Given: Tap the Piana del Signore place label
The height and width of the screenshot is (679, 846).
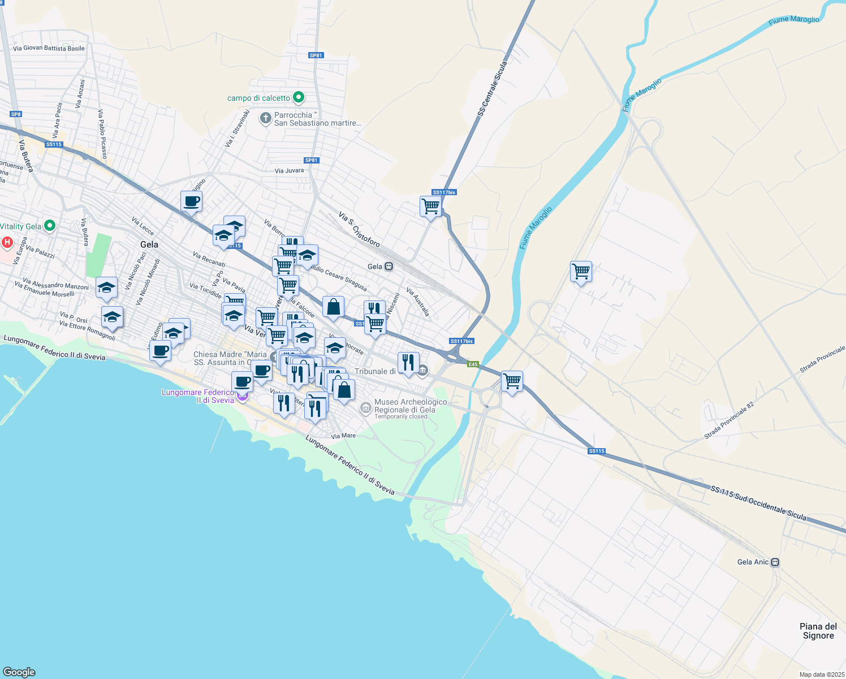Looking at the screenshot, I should coord(818,631).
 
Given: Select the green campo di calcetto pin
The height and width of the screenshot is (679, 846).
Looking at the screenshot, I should coord(299,97).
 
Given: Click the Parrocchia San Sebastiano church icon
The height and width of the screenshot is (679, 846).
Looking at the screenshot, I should coord(265,118).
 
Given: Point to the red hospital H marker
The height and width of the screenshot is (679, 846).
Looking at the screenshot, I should coord(7,243).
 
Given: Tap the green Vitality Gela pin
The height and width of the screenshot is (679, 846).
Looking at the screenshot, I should coord(50,226).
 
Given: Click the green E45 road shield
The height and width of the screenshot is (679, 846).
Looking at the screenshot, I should coord(473,364).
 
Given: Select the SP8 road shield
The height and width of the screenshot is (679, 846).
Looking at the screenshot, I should coord(16,114).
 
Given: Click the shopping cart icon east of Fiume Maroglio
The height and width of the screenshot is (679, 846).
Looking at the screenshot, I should coord(581,272).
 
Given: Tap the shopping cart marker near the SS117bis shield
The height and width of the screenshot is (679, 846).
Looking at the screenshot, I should coord(430,207).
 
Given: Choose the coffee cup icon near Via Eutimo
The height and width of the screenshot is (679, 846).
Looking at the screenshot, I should coord(160,351).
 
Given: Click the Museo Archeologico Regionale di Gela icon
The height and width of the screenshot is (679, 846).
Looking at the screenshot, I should coord(366,407).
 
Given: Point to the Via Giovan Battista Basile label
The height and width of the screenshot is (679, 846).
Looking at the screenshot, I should coord(49,48).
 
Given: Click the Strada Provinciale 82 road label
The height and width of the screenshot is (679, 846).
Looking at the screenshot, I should coord(729,420).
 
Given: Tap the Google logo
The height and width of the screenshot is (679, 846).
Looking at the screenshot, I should coord(19,672).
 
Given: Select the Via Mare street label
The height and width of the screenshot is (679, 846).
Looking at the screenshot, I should coord(343,436).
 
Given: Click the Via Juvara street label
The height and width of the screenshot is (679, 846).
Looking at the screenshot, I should coord(289,170).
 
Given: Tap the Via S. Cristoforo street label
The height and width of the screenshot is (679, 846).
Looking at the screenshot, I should coord(359,229).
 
